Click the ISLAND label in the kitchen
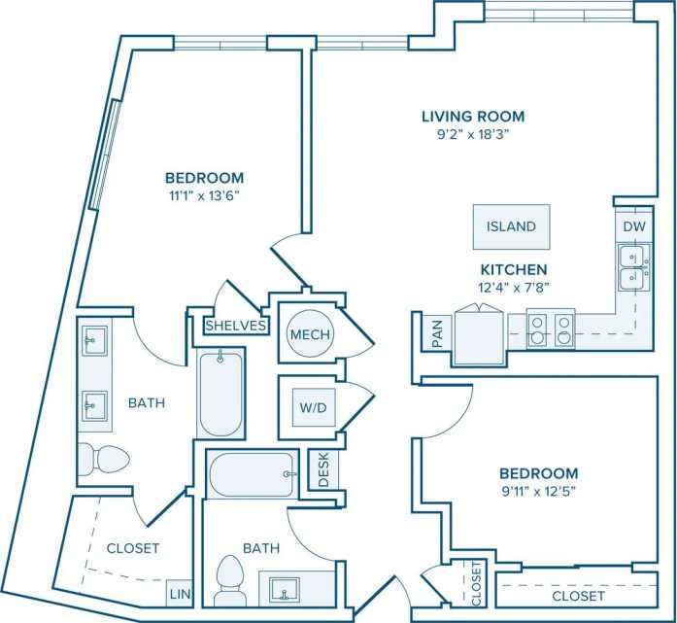[511, 226]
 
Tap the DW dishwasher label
[633, 225]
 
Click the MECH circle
[310, 334]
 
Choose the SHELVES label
[236, 326]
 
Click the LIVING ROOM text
[465, 117]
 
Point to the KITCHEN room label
[513, 269]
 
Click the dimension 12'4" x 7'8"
[513, 287]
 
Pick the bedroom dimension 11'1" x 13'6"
[203, 194]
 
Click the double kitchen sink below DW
[635, 267]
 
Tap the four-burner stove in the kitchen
[551, 329]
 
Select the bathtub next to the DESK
[251, 474]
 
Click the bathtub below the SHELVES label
[220, 394]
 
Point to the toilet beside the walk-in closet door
[103, 460]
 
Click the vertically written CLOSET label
[477, 581]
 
